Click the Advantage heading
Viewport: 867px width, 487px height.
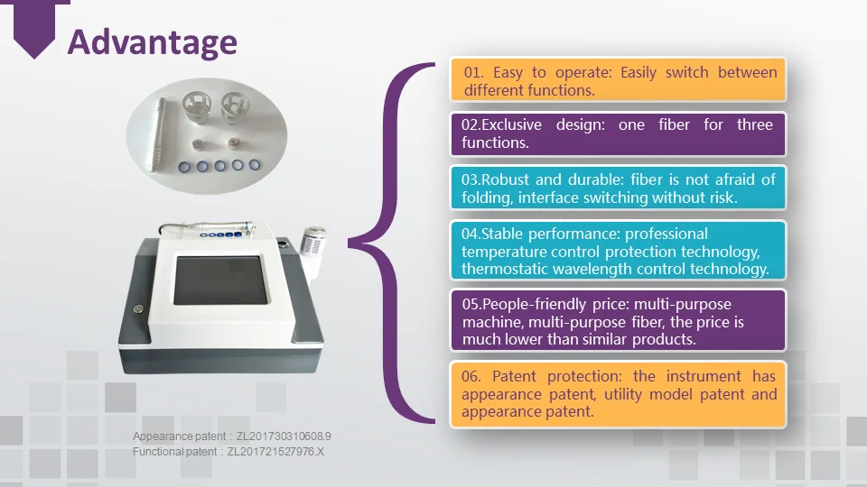tap(152, 43)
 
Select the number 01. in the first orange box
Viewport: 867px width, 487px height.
tap(473, 72)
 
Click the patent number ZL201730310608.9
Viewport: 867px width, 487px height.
tap(284, 436)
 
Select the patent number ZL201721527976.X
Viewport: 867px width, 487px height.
tap(276, 452)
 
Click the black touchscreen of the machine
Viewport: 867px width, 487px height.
tap(220, 280)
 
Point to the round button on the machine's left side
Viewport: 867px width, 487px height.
tap(138, 309)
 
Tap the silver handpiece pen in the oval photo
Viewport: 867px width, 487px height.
tap(156, 134)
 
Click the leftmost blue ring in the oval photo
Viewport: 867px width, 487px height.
tap(184, 167)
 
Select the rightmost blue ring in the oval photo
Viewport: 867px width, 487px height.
tap(255, 164)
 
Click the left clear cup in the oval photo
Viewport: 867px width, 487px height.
tap(198, 106)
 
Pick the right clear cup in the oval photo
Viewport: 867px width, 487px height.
tap(236, 106)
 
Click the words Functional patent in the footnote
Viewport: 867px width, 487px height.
tap(174, 452)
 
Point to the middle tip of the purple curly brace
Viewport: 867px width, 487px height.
tap(349, 243)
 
